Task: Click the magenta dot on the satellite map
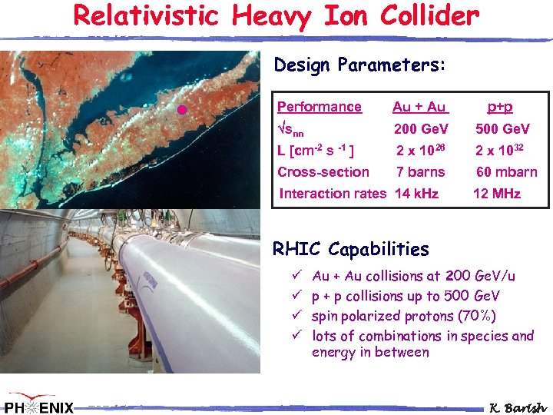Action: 182,110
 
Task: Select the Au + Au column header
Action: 419,107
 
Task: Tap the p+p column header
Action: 500,107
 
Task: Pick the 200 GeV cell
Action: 421,128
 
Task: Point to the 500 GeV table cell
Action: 502,128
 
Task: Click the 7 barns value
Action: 420,172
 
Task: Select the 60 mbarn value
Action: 506,172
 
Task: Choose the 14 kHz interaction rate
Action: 416,194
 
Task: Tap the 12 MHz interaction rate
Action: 497,194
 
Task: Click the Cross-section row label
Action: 323,172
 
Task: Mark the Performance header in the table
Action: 319,107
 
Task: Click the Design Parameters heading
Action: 359,65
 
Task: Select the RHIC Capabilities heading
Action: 351,249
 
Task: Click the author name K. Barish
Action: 518,407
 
